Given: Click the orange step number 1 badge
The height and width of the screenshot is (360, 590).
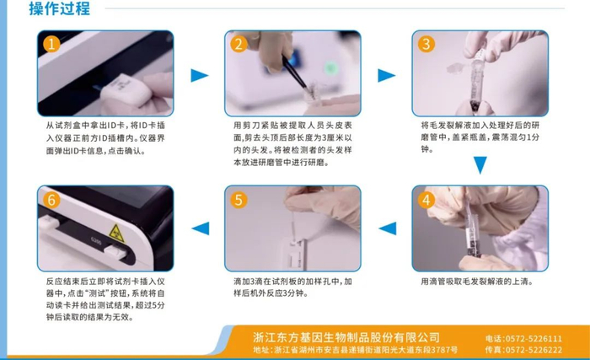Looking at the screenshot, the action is point(51,45).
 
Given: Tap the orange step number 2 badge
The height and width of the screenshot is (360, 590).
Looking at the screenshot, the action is point(239,45).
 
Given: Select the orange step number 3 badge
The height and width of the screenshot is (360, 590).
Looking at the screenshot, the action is point(426,45).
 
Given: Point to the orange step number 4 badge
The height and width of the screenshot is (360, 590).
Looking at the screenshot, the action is point(426,200).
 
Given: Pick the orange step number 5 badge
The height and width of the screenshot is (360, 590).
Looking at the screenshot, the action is point(239,200).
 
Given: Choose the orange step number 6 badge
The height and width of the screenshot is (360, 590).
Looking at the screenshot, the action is point(51,200).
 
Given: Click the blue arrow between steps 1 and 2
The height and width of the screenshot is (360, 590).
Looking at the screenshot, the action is point(200,75).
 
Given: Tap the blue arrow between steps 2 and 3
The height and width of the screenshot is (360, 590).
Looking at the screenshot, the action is point(386,75).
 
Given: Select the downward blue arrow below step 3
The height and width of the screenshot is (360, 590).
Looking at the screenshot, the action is point(480,165).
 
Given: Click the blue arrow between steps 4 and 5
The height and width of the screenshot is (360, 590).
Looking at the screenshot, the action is point(387,228).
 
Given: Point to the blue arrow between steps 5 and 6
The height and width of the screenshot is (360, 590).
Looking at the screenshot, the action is point(201,228).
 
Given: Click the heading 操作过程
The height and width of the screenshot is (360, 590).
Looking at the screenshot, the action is point(60,8).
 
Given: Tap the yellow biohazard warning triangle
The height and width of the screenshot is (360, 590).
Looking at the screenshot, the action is point(116,234).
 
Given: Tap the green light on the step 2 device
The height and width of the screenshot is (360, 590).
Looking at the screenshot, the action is point(331,68).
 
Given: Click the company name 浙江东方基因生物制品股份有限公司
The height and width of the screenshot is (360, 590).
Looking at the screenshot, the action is point(346,337).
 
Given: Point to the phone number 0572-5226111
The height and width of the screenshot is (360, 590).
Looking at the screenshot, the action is point(534,339).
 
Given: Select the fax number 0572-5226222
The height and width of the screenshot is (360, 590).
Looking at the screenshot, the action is point(534,350).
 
